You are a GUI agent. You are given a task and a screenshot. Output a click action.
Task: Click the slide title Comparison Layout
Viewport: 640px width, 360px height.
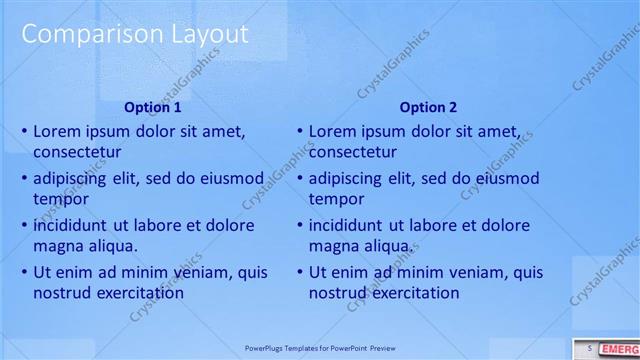(x=135, y=34)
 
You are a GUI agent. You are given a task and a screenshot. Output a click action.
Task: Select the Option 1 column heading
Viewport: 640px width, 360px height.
(x=152, y=107)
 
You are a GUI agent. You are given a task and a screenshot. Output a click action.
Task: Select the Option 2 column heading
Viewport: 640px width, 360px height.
(x=428, y=107)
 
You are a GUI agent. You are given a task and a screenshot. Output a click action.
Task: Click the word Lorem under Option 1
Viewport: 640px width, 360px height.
(x=59, y=131)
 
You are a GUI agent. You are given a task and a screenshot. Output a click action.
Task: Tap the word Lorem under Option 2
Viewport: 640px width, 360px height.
(x=334, y=131)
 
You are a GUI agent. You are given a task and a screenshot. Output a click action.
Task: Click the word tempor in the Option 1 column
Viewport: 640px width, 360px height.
(x=59, y=199)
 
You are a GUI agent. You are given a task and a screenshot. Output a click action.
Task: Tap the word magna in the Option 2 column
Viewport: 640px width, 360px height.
(x=334, y=246)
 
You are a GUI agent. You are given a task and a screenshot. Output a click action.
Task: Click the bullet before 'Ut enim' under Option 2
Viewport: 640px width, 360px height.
(x=300, y=272)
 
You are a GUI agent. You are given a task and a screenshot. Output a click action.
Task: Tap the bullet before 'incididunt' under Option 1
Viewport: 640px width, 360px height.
(x=25, y=225)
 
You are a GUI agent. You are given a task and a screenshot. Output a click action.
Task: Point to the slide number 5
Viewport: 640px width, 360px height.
(x=590, y=348)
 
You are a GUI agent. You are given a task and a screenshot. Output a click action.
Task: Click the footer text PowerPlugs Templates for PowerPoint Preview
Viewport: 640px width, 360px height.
(x=320, y=349)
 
